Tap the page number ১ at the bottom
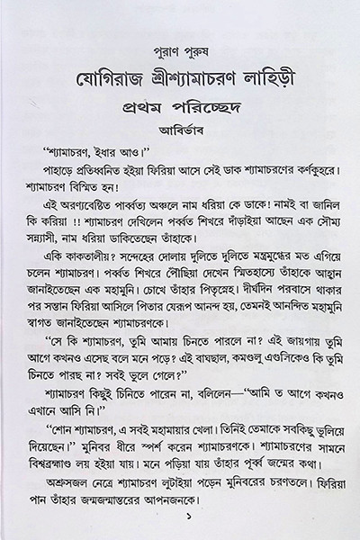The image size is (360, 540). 179,520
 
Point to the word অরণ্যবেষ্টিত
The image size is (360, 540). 83,212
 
